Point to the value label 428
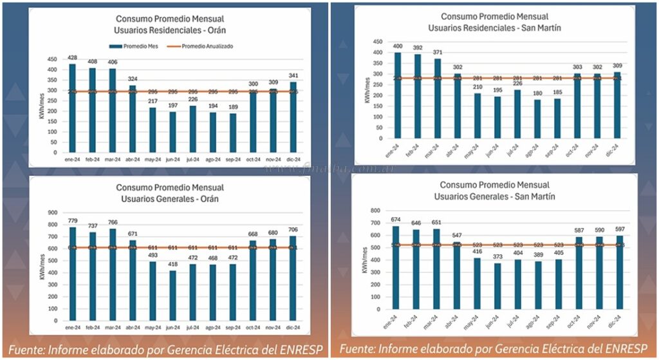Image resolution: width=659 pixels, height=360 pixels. pyautogui.click(x=72, y=58)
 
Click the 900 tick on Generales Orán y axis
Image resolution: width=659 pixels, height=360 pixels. pyautogui.click(x=55, y=211)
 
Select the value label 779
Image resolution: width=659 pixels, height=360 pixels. pyautogui.click(x=73, y=222)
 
